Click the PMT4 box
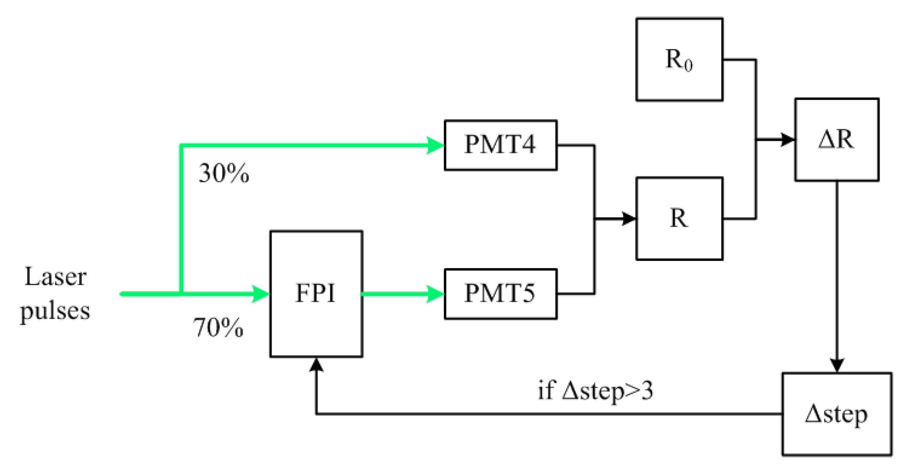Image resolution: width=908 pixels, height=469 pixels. pos(500,145)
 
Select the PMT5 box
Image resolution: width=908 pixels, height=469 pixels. pos(500,294)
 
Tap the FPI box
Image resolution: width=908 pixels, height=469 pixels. pos(316,294)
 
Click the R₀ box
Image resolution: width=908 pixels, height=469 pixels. pos(679,59)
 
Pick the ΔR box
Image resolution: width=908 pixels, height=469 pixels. pos(836,140)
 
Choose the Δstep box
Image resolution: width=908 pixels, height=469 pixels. pos(837,414)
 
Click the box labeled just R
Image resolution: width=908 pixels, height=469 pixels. pos(679,219)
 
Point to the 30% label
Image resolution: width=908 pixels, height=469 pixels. pos(224,174)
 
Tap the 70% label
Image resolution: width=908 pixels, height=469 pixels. pos(218,327)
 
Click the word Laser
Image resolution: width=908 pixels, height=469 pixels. pos(55,277)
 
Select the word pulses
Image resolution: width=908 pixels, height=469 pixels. pos(55,311)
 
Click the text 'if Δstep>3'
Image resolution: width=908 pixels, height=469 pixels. pos(595,391)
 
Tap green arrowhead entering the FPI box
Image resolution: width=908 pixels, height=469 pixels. pos(261,294)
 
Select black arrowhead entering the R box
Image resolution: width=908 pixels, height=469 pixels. pos(629,219)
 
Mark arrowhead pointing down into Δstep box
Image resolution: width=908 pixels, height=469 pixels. pos(837,365)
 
